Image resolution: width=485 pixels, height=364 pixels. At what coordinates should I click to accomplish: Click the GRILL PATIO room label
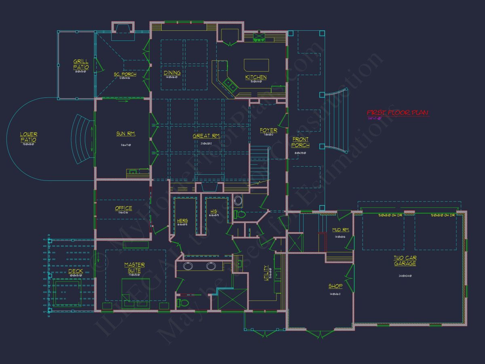point(81,64)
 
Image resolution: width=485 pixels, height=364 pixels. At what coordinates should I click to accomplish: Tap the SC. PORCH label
point(124,74)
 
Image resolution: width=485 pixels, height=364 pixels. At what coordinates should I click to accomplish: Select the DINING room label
point(172,73)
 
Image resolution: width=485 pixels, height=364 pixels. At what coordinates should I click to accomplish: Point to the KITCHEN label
point(256,77)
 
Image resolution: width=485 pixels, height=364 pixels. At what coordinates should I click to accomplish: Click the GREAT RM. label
point(206,136)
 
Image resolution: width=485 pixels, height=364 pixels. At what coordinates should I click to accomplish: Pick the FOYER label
point(268,131)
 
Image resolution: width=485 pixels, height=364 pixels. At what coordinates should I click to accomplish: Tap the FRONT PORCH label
point(300,142)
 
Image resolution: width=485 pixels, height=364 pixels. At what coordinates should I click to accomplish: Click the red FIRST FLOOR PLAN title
point(398,113)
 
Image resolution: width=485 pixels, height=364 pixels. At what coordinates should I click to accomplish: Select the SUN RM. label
point(126,133)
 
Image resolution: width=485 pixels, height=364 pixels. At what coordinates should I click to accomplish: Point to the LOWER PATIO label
point(29,137)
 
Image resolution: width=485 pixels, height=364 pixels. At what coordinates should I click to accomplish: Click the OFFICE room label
point(124,208)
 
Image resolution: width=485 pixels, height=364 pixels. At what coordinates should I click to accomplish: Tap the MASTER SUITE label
point(135,268)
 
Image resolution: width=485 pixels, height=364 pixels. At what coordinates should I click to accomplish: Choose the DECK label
point(76,271)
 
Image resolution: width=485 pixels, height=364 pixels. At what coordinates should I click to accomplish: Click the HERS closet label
point(182,221)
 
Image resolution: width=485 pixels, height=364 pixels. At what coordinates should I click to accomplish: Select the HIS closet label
point(214,212)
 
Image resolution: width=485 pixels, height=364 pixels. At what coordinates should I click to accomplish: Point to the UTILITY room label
point(266,273)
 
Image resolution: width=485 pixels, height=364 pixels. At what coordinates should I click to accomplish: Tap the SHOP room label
point(335,286)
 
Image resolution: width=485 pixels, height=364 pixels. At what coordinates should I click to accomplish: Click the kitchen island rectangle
point(256,65)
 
